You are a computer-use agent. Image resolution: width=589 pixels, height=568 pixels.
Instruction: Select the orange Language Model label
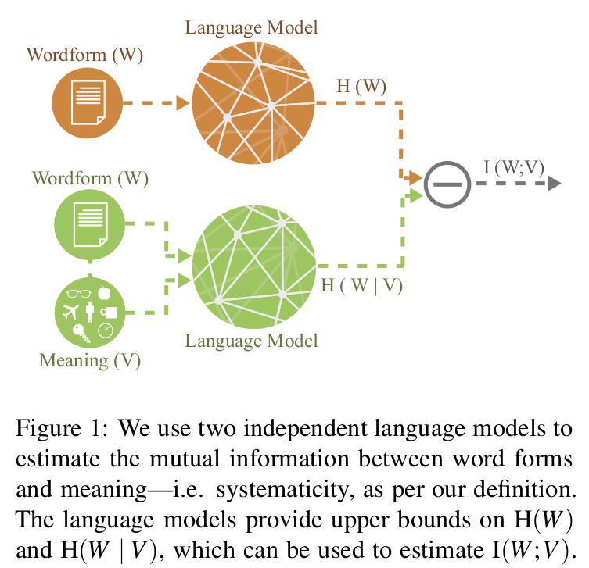pos(251,28)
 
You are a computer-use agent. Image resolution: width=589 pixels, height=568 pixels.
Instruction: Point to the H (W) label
pos(360,85)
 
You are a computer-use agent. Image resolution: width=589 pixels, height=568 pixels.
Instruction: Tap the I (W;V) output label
pos(513,166)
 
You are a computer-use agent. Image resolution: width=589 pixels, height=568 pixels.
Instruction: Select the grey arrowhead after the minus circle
pos(555,184)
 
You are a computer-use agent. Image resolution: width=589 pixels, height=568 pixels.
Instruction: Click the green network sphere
pos(254,265)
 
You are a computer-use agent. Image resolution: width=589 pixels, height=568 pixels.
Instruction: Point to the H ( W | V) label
pos(361,285)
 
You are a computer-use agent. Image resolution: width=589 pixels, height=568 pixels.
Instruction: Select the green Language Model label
pos(251,341)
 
